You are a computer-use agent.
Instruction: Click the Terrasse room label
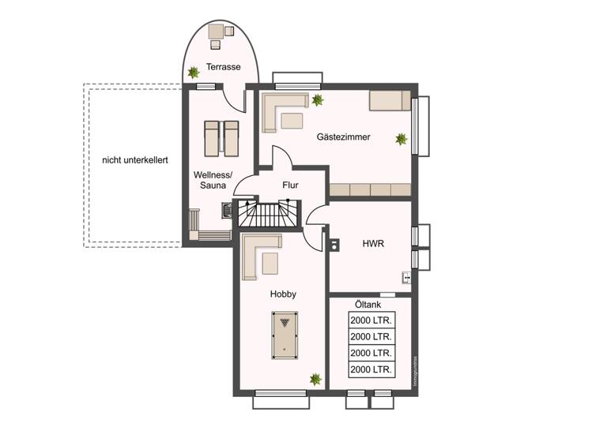point(223,67)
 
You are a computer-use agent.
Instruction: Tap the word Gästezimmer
point(343,137)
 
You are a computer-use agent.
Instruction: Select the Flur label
point(291,185)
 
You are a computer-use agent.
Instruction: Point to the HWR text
point(372,244)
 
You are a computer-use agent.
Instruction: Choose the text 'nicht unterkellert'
point(134,160)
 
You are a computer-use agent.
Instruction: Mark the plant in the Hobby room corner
point(315,380)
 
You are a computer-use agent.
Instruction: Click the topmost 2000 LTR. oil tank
point(371,321)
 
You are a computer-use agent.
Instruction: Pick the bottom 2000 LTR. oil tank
point(371,369)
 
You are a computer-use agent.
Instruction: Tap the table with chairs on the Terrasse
point(217,32)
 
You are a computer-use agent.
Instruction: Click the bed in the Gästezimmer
point(389,101)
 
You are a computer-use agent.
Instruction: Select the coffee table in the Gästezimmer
point(292,121)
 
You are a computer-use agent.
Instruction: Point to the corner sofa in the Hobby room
point(258,254)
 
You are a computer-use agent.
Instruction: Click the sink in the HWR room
point(405,277)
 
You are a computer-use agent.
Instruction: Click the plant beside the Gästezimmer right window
point(402,139)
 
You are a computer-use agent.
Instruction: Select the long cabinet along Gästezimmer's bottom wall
point(370,189)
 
